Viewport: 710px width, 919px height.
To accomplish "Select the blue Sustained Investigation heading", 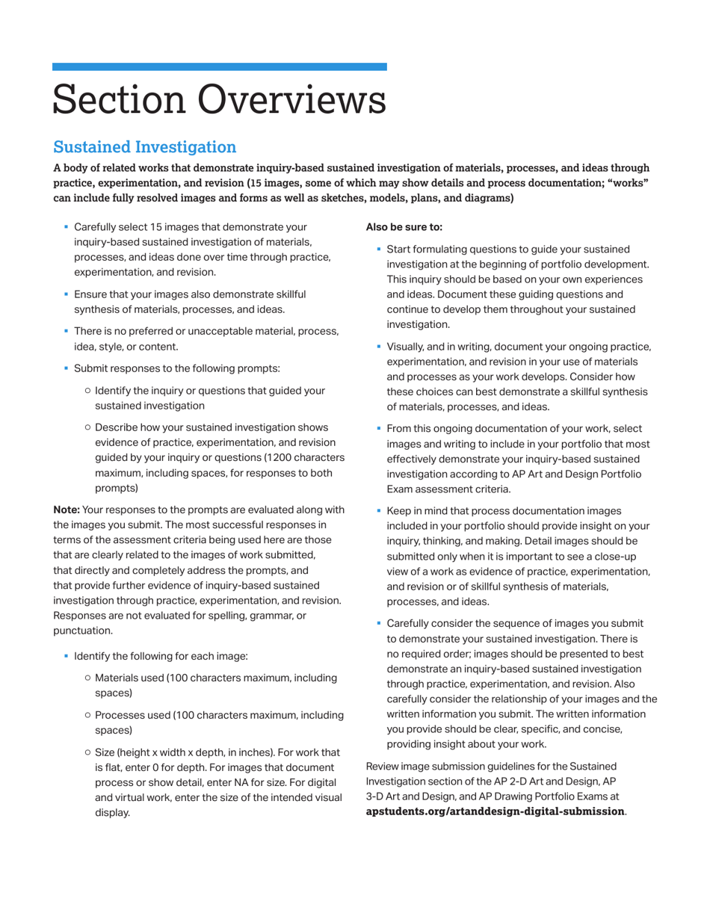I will (144, 147).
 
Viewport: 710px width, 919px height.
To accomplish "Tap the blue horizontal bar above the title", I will (220, 66).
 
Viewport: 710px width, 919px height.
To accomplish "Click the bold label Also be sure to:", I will (404, 226).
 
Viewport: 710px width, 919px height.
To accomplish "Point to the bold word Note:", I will (66, 510).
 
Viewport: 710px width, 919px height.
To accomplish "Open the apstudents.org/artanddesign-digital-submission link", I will (495, 811).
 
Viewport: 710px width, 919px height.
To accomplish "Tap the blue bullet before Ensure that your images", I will (66, 294).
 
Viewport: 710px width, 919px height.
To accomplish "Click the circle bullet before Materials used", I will (88, 678).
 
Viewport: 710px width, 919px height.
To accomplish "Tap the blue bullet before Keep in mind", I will (379, 510).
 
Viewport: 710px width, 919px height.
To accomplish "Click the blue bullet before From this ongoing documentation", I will (379, 428).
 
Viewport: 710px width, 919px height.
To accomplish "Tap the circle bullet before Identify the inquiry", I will (88, 390).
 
